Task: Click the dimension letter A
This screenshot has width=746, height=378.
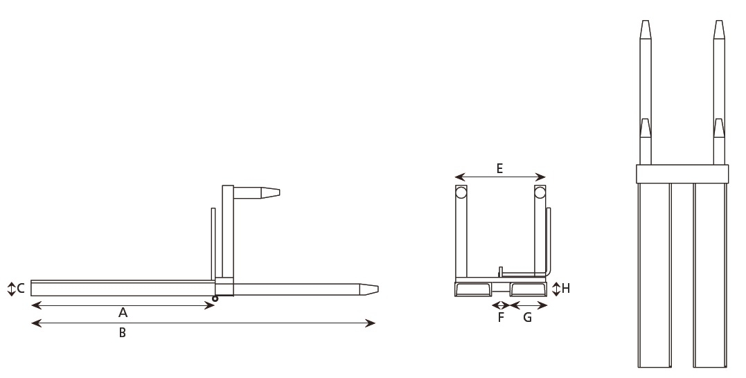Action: tap(123, 313)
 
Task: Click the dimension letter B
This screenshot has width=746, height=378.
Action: tap(123, 333)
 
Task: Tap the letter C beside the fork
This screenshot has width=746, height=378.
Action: tap(21, 288)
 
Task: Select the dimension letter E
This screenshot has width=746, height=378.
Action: tap(499, 168)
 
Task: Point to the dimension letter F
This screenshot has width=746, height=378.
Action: tap(501, 317)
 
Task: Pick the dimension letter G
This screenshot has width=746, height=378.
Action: tap(528, 317)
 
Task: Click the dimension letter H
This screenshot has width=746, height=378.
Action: tap(566, 288)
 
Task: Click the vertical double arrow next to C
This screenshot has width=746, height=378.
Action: tap(11, 289)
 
